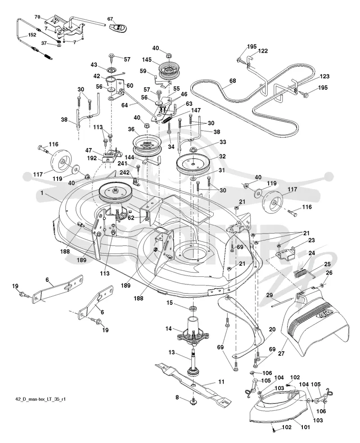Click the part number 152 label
[x=32, y=35]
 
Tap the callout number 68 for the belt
[x=232, y=81]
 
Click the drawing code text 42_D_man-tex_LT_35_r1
[x=40, y=399]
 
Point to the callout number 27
[x=281, y=353]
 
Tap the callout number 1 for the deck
[x=42, y=193]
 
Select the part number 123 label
[x=324, y=76]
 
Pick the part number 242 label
[x=125, y=172]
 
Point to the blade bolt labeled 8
[x=193, y=401]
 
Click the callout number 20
[x=272, y=330]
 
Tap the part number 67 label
[x=110, y=19]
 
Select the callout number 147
[x=196, y=110]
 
